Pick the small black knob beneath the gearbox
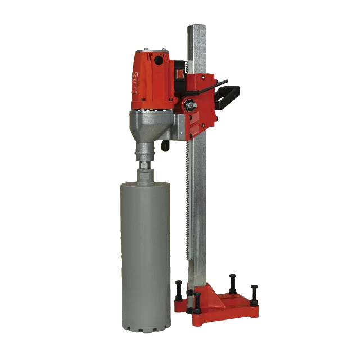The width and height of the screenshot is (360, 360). (166, 147)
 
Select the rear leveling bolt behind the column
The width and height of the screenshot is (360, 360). (232, 281)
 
